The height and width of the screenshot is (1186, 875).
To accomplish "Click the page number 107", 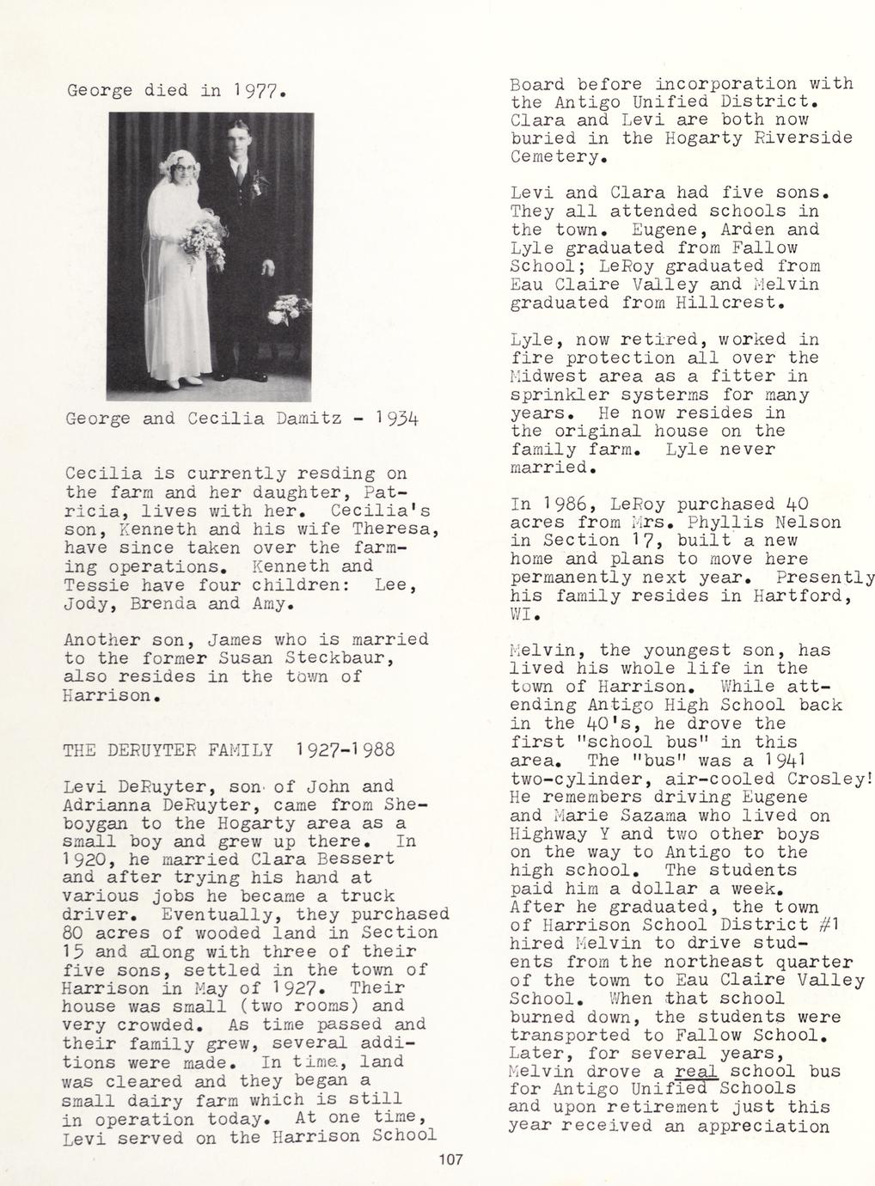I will coord(450,1160).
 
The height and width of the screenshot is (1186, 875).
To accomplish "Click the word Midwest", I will coord(548,376).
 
